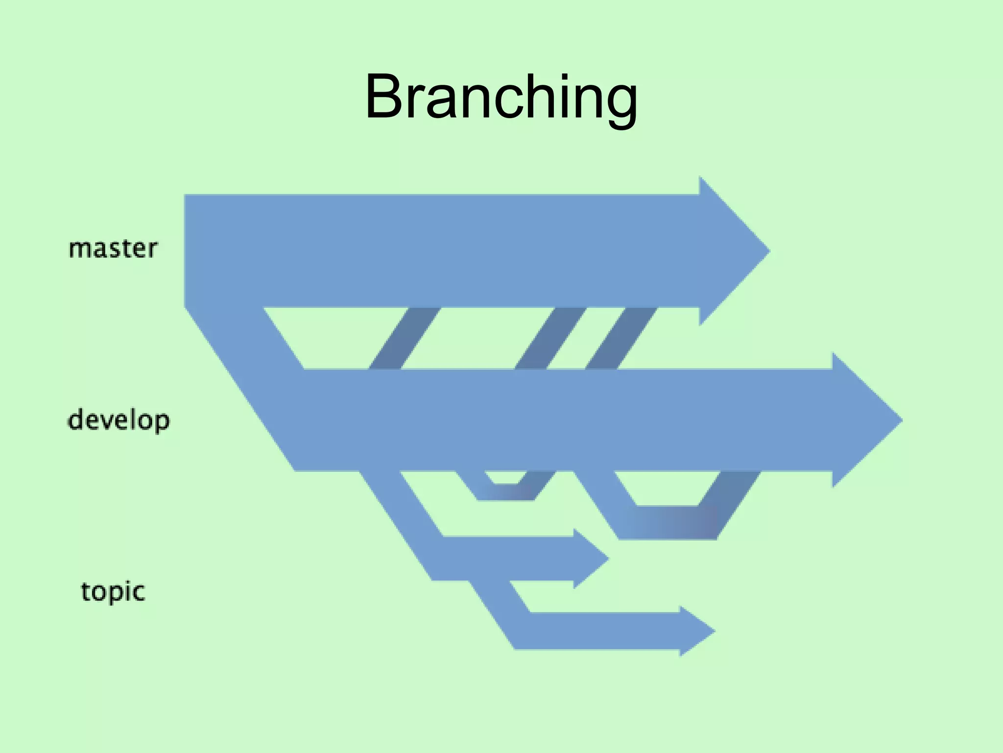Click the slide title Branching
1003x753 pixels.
click(501, 97)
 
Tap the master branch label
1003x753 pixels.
click(113, 249)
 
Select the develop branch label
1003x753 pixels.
click(119, 421)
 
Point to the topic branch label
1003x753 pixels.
click(113, 592)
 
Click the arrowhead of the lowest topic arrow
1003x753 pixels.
click(694, 631)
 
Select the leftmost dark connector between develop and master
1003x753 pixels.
click(405, 338)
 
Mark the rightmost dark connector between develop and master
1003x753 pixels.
click(621, 338)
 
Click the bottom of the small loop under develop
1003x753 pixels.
click(505, 492)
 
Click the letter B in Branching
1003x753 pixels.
click(387, 97)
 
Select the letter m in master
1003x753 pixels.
click(78, 250)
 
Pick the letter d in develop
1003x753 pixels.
click(77, 420)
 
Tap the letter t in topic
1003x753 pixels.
click(86, 592)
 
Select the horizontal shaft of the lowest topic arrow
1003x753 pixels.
click(602, 631)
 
